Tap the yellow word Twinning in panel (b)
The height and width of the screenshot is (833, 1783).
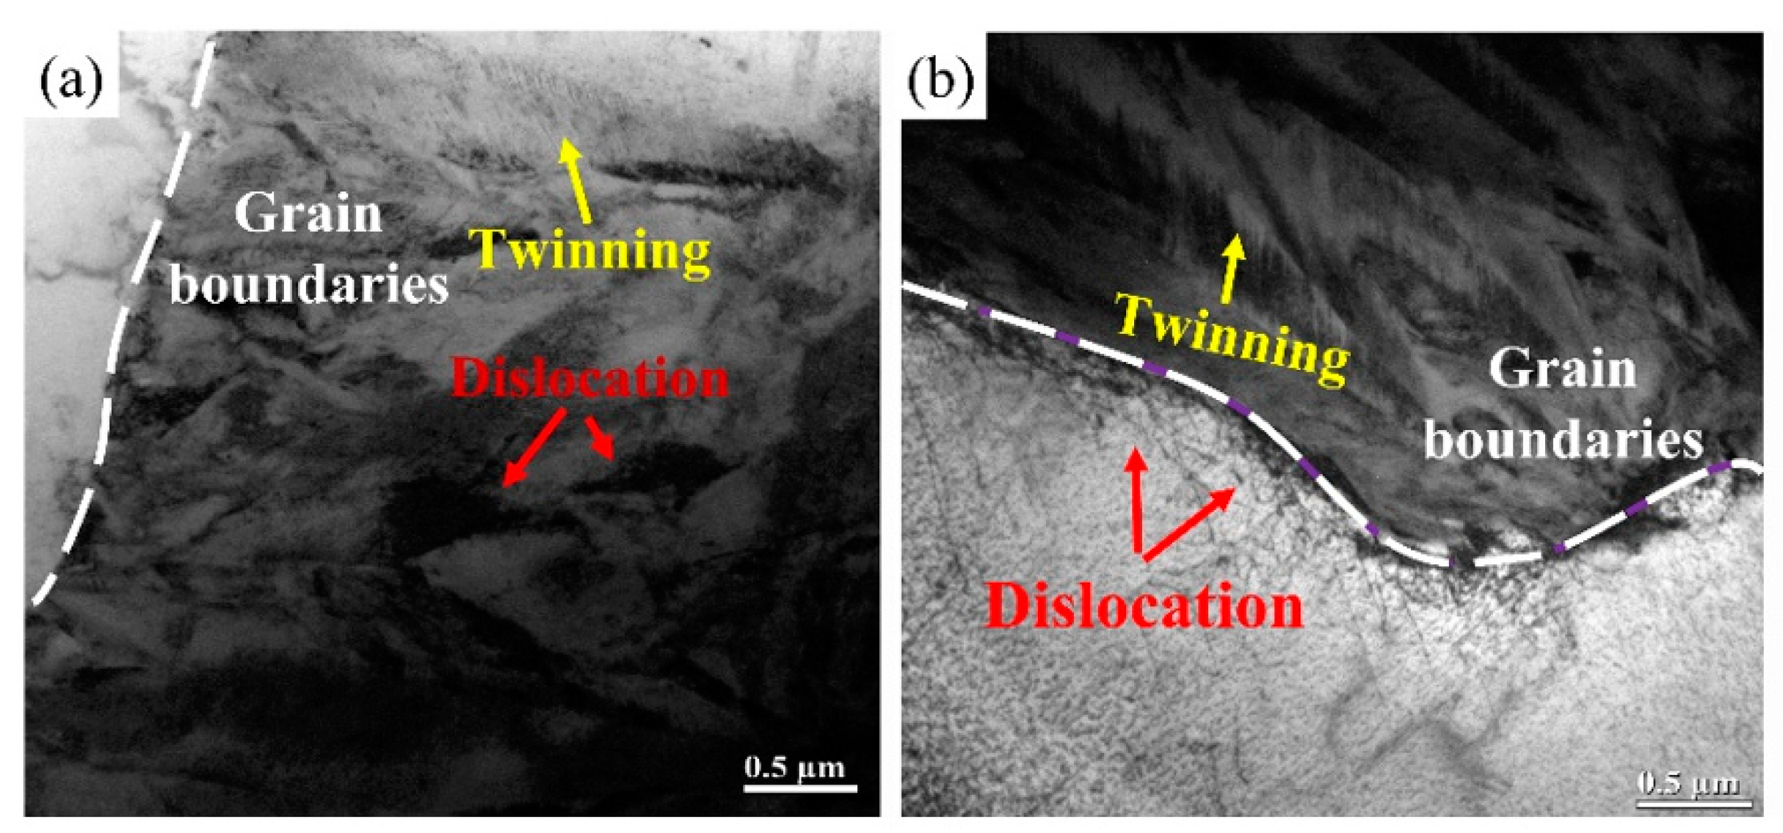tap(1232, 338)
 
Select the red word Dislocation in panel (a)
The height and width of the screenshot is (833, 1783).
tap(590, 379)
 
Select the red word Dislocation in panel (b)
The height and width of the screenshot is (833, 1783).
tap(1144, 607)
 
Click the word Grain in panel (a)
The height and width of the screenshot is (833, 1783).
tap(308, 215)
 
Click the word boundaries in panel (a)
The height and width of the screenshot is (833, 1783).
tap(309, 284)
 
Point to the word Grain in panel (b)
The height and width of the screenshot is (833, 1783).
tap(1563, 369)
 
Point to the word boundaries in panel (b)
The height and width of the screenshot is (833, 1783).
tap(1564, 440)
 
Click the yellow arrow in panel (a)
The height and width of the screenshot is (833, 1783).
tap(576, 180)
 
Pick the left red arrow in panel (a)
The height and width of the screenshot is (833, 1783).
tap(534, 448)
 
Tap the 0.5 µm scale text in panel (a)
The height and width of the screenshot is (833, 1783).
tap(795, 767)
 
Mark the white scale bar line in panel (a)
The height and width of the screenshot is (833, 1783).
tap(800, 789)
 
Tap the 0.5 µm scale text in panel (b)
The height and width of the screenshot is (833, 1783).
tap(1689, 783)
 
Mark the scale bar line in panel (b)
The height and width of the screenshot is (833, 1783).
tap(1689, 803)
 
